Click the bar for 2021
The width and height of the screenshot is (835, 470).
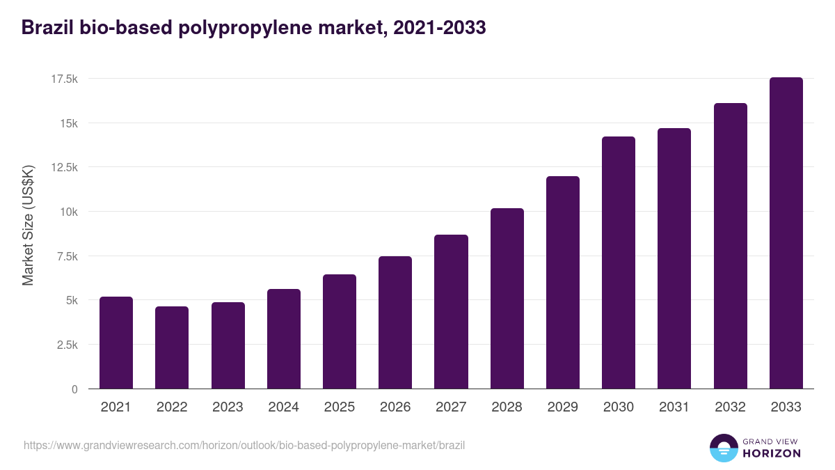pyautogui.click(x=116, y=343)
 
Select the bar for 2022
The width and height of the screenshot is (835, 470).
pyautogui.click(x=172, y=347)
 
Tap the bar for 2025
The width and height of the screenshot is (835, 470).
pyautogui.click(x=340, y=331)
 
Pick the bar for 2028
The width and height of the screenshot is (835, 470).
pyautogui.click(x=507, y=298)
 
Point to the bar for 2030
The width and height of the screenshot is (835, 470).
pyautogui.click(x=619, y=263)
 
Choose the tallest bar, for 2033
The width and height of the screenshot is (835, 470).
pyautogui.click(x=786, y=233)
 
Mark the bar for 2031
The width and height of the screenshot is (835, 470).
pyautogui.click(x=674, y=258)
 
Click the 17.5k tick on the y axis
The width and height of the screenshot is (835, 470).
pyautogui.click(x=64, y=79)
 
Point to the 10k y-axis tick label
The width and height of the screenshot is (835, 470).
pyautogui.click(x=68, y=212)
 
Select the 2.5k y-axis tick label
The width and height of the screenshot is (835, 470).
pyautogui.click(x=67, y=345)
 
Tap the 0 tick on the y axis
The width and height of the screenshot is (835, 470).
pyautogui.click(x=74, y=389)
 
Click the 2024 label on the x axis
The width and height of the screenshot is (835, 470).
pyautogui.click(x=283, y=407)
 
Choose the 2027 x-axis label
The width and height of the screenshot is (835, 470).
pyautogui.click(x=451, y=407)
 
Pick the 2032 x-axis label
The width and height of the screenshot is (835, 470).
pyautogui.click(x=730, y=407)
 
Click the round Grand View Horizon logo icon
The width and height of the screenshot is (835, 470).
pyautogui.click(x=723, y=448)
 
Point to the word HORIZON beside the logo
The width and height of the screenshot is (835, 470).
pyautogui.click(x=772, y=453)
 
